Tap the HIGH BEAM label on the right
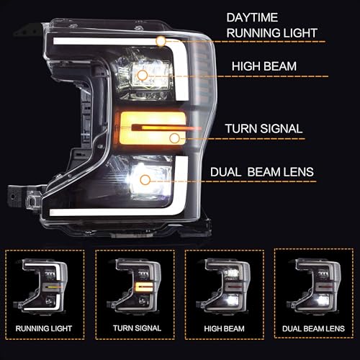point(264,66)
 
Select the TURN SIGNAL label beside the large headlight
point(264,129)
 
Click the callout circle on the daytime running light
point(161,40)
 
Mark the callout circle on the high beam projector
point(143,74)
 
